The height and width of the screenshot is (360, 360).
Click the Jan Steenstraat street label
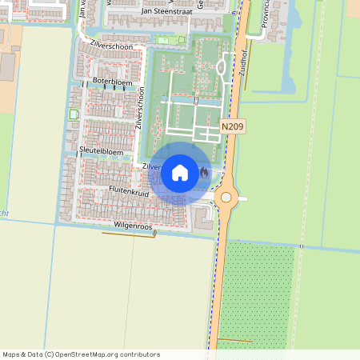(x=168, y=11)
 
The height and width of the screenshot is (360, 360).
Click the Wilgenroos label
(x=132, y=226)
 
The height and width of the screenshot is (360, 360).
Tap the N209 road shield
(x=233, y=126)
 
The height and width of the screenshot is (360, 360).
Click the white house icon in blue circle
(x=180, y=173)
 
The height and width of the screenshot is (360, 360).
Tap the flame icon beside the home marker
(x=205, y=173)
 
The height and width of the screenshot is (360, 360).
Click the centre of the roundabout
(x=226, y=197)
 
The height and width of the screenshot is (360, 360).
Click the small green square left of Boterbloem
(x=75, y=114)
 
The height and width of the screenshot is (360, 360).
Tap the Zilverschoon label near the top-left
(x=111, y=46)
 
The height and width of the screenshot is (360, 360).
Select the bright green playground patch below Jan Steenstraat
(x=166, y=40)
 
